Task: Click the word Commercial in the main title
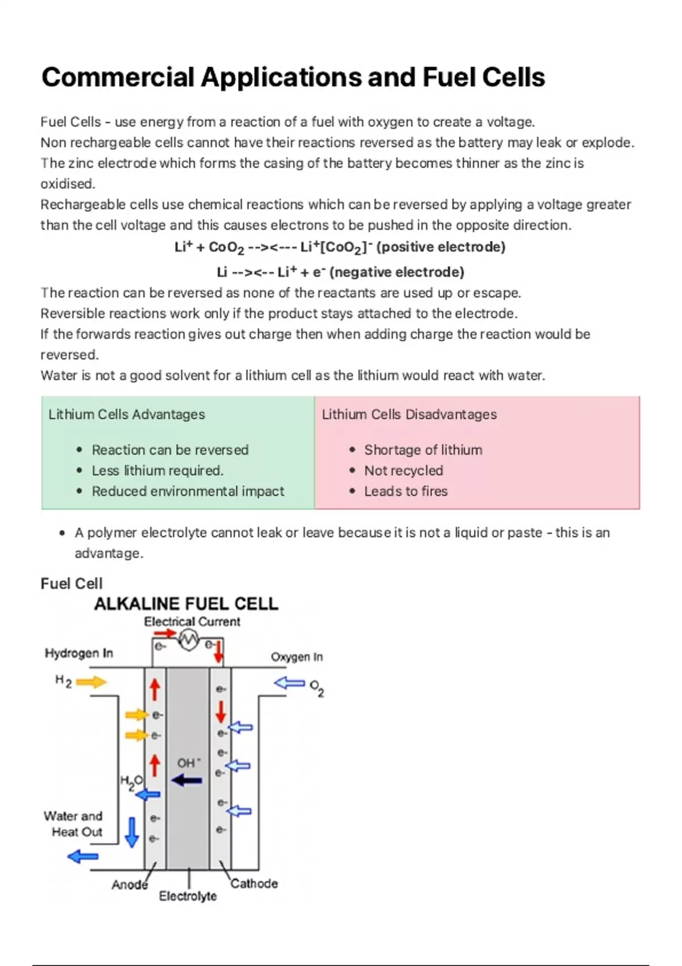(x=118, y=77)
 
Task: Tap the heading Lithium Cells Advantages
(x=126, y=414)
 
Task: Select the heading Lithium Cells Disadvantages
(x=409, y=414)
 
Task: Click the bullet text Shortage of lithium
(x=423, y=450)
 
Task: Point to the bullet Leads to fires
(x=406, y=492)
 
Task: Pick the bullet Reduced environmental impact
(x=188, y=492)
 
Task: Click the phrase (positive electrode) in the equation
(x=441, y=247)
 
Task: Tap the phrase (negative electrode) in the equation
(x=397, y=272)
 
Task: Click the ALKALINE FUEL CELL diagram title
(x=186, y=603)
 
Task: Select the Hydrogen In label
(x=78, y=653)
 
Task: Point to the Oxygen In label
(x=297, y=657)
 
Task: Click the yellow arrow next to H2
(x=91, y=682)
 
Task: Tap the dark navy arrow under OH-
(x=187, y=780)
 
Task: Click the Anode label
(x=130, y=885)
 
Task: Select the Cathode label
(x=254, y=884)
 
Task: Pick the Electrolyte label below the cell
(x=188, y=896)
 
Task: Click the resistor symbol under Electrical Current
(x=188, y=640)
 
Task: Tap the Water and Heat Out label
(x=74, y=824)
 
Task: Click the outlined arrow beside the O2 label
(x=290, y=682)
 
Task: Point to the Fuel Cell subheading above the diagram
(x=72, y=584)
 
